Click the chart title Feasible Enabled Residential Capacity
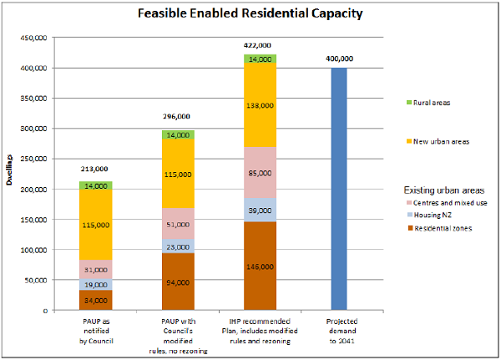pyautogui.click(x=250, y=14)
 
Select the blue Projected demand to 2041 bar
pyautogui.click(x=339, y=189)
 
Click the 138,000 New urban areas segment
pyautogui.click(x=260, y=104)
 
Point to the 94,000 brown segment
pyautogui.click(x=177, y=282)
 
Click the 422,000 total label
pyautogui.click(x=259, y=46)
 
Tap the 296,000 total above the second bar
pyautogui.click(x=177, y=117)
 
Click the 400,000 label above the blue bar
pyautogui.click(x=340, y=58)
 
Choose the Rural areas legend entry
pyautogui.click(x=427, y=103)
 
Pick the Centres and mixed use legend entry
pyautogui.click(x=443, y=203)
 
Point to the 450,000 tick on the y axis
pyautogui.click(x=33, y=38)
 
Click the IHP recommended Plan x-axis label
pyautogui.click(x=260, y=328)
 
